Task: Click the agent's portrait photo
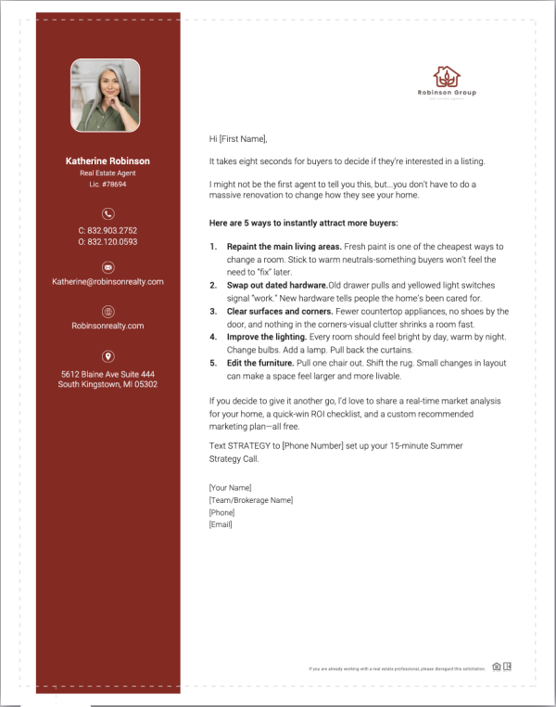[x=107, y=96]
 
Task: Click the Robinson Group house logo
[x=447, y=77]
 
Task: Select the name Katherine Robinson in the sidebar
[x=107, y=161]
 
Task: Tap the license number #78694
[x=114, y=185]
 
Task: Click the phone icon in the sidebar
[x=107, y=213]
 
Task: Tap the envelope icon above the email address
[x=107, y=267]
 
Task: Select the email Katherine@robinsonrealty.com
[x=107, y=281]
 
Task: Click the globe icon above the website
[x=107, y=312]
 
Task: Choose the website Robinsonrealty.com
[x=107, y=326]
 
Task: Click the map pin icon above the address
[x=107, y=356]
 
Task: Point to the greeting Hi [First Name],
[x=238, y=139]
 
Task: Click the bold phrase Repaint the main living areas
[x=284, y=247]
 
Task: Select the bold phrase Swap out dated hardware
[x=276, y=286]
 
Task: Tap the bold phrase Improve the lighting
[x=268, y=337]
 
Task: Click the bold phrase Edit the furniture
[x=262, y=363]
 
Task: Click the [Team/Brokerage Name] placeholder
[x=251, y=500]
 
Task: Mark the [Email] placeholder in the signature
[x=221, y=524]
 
